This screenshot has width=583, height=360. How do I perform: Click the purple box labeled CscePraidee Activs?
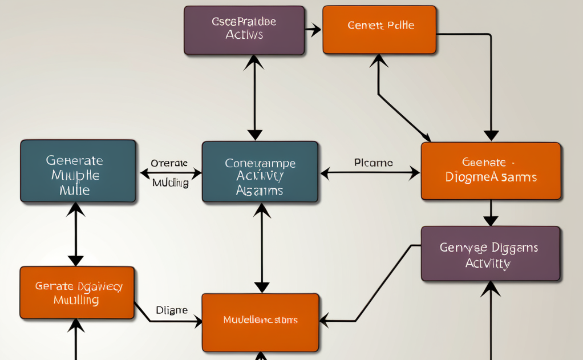pos(244,30)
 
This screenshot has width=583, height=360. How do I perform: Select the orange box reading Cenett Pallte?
pos(379,30)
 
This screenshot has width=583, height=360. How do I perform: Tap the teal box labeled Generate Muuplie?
pos(78,171)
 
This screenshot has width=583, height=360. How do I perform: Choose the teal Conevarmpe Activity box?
pos(260,172)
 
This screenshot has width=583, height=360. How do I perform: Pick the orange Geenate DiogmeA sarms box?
pos(491,171)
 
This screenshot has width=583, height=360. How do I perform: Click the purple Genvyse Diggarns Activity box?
pos(491,254)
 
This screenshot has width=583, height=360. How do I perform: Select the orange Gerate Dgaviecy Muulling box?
pos(77,292)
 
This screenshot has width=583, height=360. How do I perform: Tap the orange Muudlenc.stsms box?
pos(260,322)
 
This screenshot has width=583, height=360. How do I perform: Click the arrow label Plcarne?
pos(373,163)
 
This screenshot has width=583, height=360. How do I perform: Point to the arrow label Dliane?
pos(171,310)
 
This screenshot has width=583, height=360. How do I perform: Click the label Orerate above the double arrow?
pos(169,163)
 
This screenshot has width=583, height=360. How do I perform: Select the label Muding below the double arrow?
pos(170,183)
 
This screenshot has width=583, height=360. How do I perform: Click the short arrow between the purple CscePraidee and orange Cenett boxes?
pos(313,30)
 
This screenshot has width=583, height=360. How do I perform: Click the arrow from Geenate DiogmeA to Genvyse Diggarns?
pos(491,214)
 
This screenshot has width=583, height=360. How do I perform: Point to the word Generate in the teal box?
pos(74,160)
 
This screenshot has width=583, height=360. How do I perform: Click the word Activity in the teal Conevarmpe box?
pos(260,176)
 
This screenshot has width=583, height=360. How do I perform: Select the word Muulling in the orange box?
pos(75,300)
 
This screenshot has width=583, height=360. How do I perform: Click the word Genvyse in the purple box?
pos(463,248)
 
